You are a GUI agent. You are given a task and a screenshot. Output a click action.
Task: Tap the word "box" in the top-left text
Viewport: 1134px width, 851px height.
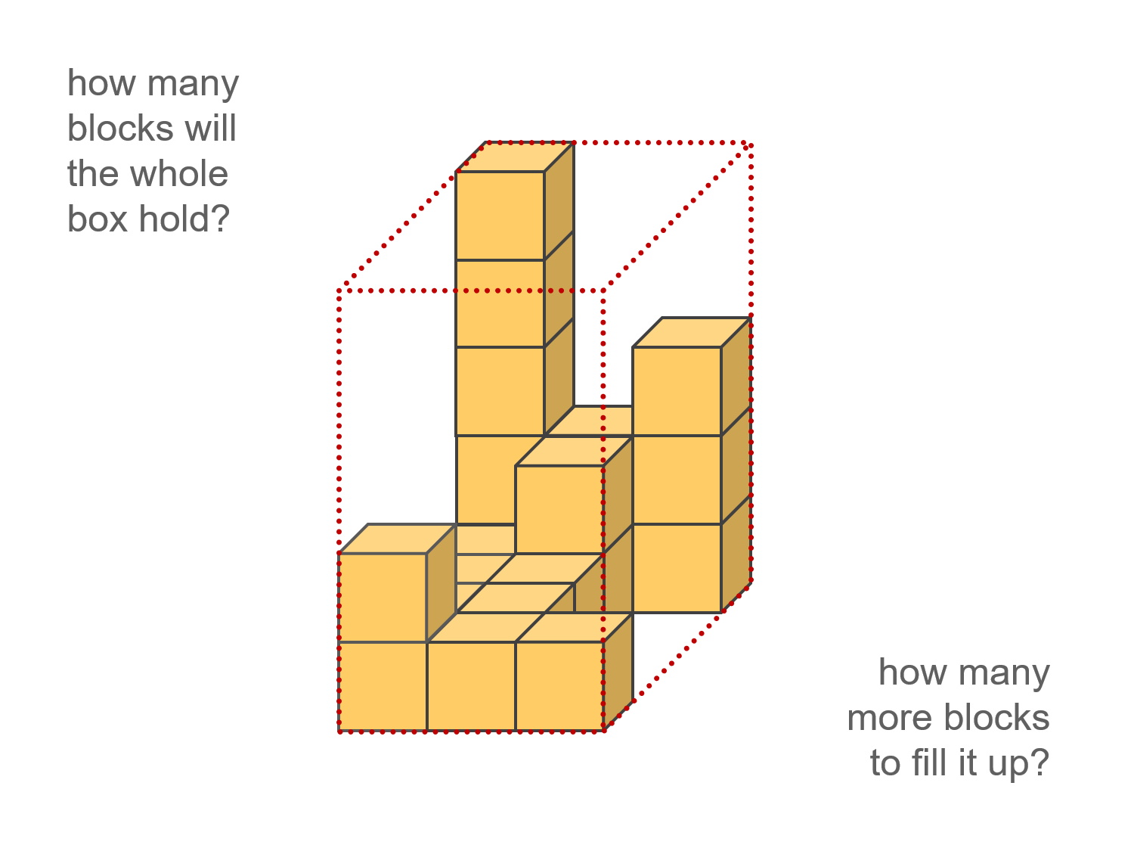coord(97,219)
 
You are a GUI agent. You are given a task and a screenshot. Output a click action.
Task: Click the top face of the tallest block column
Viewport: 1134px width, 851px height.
coord(515,157)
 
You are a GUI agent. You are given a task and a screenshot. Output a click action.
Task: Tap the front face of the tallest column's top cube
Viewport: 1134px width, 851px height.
coord(500,216)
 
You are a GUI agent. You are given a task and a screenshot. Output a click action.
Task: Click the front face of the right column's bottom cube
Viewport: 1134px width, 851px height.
coord(677,568)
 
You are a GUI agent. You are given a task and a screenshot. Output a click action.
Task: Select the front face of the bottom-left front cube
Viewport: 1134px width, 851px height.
coord(383,686)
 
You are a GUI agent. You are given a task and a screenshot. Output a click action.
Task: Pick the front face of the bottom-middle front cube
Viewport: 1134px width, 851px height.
coord(471,686)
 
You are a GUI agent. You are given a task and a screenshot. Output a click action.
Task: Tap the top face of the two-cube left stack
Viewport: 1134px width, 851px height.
coord(397,539)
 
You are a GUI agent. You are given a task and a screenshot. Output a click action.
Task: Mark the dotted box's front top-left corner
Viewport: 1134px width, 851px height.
coord(339,290)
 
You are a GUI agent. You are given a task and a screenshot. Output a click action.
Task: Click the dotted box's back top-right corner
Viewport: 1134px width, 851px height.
coord(751,143)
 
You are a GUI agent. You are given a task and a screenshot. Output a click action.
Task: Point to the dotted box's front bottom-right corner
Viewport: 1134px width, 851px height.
coord(603,731)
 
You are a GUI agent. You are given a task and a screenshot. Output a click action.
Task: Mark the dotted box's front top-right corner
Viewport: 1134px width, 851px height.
coord(603,290)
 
